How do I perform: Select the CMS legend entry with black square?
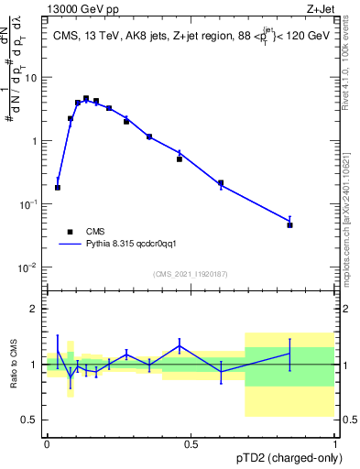click(x=71, y=233)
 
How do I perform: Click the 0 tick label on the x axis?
click(x=47, y=444)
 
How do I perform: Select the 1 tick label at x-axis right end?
click(x=334, y=444)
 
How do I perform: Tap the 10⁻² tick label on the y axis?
click(x=30, y=268)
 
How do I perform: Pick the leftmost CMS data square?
click(x=58, y=188)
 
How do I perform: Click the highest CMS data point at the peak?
click(x=86, y=98)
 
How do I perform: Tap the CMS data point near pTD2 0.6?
click(x=221, y=183)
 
